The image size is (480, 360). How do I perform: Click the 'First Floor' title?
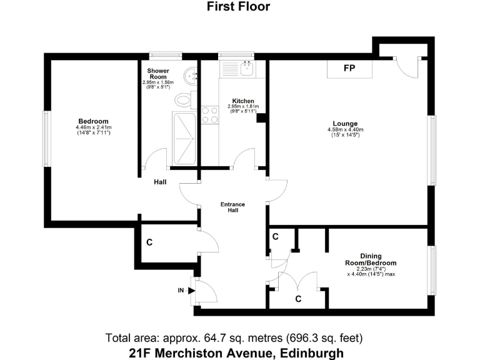[239, 7]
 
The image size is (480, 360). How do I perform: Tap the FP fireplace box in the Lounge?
[349, 68]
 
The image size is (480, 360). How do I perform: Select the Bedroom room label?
[93, 121]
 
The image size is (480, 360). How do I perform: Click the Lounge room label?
[345, 122]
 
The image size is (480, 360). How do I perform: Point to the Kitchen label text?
[242, 101]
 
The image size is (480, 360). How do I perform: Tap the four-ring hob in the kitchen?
[210, 115]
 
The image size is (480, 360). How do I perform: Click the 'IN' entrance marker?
[182, 290]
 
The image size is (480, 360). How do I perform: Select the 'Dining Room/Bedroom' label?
[370, 259]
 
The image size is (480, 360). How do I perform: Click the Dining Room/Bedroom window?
[431, 269]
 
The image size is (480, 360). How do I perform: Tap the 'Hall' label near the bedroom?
[160, 182]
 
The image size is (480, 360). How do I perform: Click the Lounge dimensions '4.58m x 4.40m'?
[345, 129]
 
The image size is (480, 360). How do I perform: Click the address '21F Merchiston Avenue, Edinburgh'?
[236, 352]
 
